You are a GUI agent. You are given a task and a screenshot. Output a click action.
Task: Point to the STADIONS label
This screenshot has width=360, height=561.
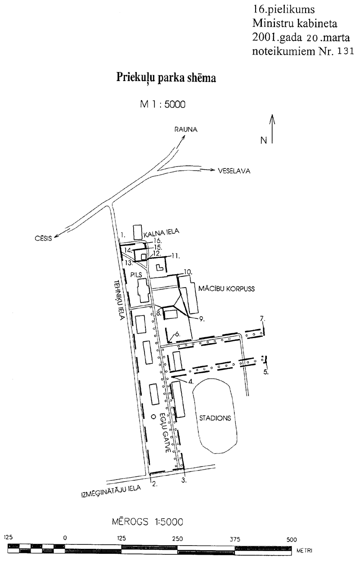pos(215,418)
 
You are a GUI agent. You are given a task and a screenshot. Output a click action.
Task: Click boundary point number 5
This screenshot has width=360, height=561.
pos(266,372)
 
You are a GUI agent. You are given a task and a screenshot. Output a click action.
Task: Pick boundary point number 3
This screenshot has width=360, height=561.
pos(184,480)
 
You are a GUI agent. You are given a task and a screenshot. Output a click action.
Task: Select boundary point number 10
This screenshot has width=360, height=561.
pos(189,271)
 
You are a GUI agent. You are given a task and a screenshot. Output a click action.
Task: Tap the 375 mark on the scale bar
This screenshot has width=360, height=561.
pos(235,539)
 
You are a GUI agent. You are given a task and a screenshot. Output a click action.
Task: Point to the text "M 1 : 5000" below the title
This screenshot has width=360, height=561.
pos(163,104)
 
